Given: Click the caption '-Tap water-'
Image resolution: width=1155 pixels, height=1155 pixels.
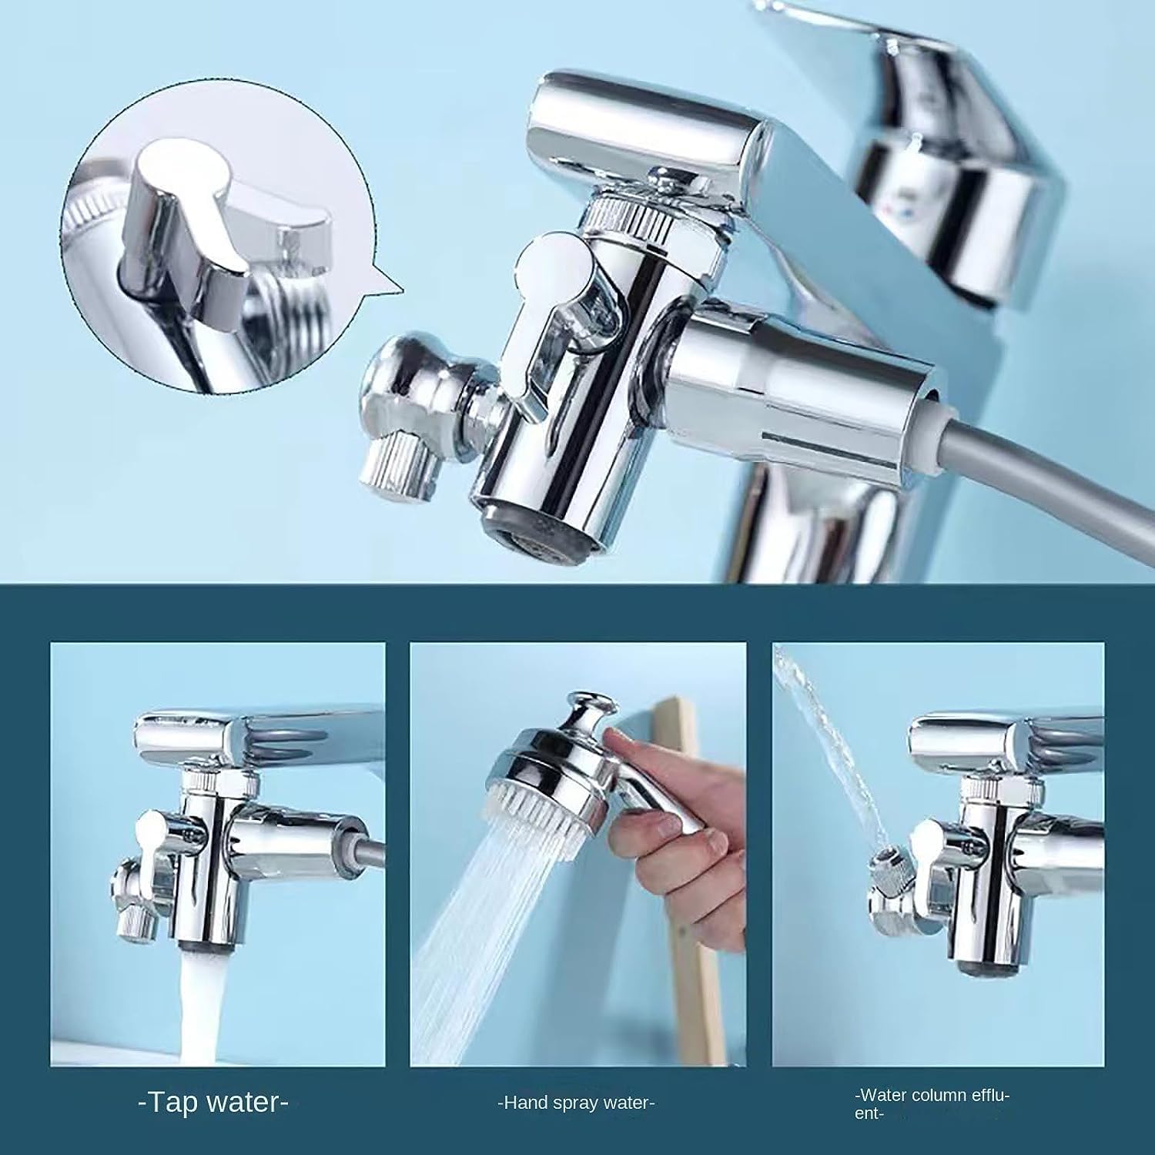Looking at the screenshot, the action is point(213,1103).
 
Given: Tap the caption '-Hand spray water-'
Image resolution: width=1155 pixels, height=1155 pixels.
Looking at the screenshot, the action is point(576,1103).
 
